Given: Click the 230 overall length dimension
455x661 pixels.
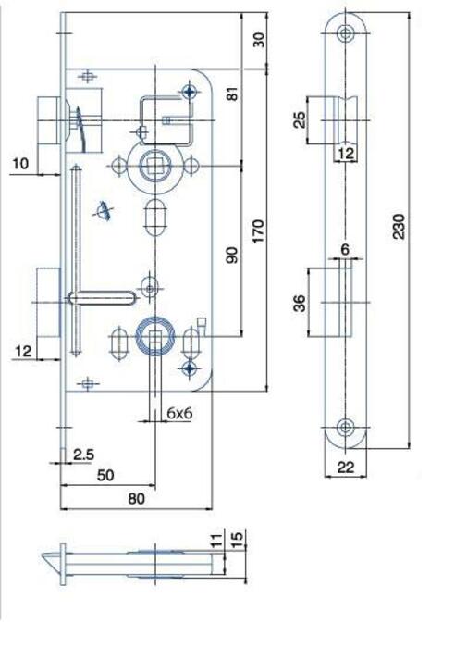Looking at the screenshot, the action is pos(399,227).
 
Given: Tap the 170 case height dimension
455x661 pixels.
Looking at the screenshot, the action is pos(258,231).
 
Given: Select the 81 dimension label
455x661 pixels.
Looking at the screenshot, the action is pos(232,94).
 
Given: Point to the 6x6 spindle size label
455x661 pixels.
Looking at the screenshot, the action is pos(179,413).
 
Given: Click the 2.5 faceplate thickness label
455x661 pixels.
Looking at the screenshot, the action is pos(84,455).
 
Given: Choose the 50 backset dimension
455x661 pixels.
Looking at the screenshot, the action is pos(105,475).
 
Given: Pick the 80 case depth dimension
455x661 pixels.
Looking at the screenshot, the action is pos(136,498).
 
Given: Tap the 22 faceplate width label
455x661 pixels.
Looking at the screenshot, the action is pos(346,468).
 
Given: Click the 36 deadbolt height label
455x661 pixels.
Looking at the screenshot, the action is pos(300,303).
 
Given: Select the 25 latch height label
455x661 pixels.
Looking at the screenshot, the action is pos(299,119).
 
